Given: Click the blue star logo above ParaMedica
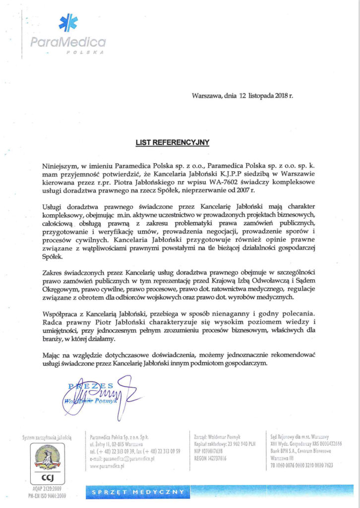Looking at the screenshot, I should tap(68, 23).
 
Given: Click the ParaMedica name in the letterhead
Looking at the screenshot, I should tap(68, 43).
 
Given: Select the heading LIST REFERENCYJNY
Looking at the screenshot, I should tap(173, 142).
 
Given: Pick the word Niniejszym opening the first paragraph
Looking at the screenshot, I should tap(60, 164).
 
